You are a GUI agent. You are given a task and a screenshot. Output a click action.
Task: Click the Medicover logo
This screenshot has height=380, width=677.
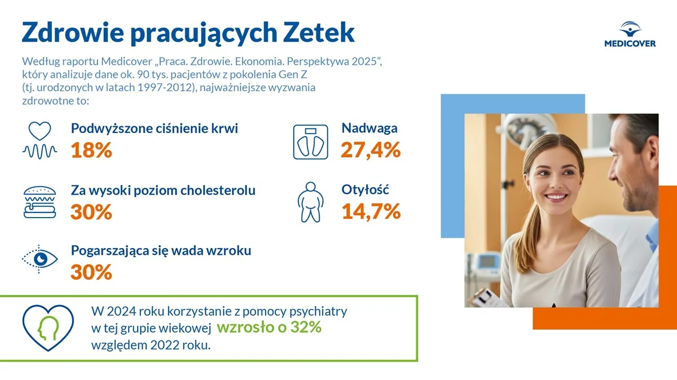point(630,34)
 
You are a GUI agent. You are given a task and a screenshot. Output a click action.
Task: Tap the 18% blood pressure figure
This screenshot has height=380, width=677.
point(91,151)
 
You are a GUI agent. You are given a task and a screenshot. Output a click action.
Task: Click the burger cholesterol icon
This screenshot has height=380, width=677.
point(39,202)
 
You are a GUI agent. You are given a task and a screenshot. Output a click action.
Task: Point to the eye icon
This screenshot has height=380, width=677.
point(40,259)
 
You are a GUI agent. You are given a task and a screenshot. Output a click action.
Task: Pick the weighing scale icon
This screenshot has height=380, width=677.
point(310,141)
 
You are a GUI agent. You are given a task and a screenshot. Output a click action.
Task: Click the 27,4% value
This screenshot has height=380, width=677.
point(371,150)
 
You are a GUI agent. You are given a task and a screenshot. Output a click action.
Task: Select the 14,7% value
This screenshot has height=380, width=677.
point(371,211)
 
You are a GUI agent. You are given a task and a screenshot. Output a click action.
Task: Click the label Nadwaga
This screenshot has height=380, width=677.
point(370,128)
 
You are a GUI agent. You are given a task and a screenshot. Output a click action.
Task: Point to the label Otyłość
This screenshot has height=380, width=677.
point(366,189)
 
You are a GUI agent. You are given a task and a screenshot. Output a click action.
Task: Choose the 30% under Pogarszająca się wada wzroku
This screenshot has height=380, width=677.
point(91,272)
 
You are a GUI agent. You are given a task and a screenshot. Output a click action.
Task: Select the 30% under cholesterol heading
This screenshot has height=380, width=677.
point(91,212)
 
